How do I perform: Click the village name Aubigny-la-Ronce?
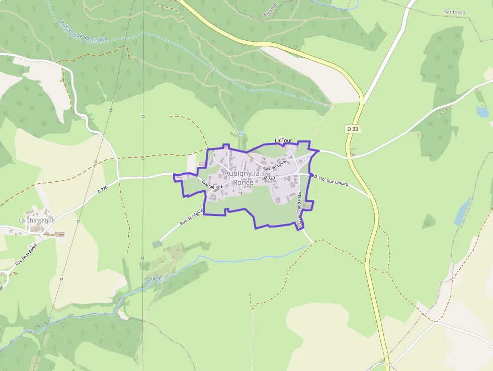(x=242, y=178)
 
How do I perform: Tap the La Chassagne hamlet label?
(x=37, y=220)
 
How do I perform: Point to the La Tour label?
(x=283, y=140)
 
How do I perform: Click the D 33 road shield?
(x=353, y=129)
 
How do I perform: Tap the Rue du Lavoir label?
(x=275, y=165)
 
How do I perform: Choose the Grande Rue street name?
(x=212, y=185)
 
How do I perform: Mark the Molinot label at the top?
(x=271, y=11)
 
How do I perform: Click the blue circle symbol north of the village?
(x=240, y=133)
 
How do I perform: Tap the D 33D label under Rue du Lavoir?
(x=269, y=178)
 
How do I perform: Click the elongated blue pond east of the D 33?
(x=462, y=211)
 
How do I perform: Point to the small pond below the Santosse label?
(x=482, y=112)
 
